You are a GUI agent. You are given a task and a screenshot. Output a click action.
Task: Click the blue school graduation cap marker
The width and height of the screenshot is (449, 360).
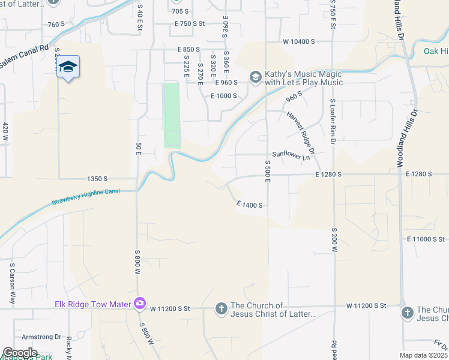[x=68, y=67]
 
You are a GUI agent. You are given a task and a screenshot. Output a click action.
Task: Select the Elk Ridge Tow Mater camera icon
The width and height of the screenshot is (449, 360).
[x=140, y=304]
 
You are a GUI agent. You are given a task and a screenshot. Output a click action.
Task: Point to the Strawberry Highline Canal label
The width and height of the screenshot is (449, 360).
[x=85, y=196]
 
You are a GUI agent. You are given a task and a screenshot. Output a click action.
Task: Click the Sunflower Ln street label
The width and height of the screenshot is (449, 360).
[x=291, y=154]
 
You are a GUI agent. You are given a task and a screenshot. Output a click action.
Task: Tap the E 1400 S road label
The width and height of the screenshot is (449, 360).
[x=250, y=205]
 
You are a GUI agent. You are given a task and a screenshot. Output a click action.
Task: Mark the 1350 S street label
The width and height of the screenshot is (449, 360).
[x=97, y=179]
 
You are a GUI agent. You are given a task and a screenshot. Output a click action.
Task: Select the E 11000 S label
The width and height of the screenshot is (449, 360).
[x=425, y=239]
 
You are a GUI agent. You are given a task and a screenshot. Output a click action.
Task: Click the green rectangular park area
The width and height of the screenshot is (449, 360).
[x=172, y=115]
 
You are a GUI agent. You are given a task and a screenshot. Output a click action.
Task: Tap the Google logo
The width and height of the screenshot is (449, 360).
[x=20, y=353]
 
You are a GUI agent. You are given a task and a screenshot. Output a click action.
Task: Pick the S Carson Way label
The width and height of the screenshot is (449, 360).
[x=11, y=283]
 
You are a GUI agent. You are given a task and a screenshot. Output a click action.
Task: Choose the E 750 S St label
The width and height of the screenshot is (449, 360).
[x=190, y=23]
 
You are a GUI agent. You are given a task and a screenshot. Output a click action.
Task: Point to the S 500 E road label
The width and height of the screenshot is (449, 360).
[x=268, y=170]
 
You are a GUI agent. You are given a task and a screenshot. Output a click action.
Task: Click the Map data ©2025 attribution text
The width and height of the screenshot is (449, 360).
[x=423, y=355]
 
